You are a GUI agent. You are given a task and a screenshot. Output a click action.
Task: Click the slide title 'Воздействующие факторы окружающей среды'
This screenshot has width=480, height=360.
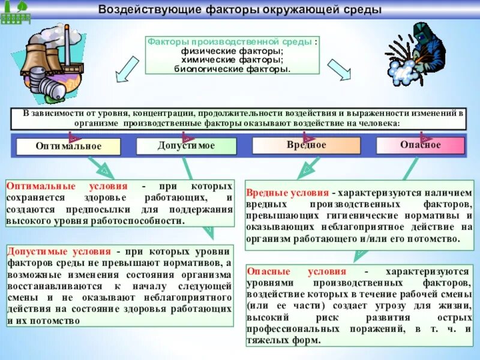(x=239, y=10)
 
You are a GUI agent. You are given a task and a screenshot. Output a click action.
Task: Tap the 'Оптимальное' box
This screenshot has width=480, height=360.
(x=68, y=146)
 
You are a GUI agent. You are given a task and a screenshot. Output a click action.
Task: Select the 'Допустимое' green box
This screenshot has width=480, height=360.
(x=186, y=146)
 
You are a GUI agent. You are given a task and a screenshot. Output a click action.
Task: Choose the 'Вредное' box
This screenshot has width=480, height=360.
(x=306, y=145)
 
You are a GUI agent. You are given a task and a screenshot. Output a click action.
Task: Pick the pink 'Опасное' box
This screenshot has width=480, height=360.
(x=420, y=145)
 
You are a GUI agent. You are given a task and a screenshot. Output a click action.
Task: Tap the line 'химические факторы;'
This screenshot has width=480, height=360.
(x=232, y=61)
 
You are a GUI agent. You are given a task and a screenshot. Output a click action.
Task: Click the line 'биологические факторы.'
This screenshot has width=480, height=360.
(x=232, y=68)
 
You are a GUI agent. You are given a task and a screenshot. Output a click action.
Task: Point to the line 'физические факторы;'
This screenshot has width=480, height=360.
(x=232, y=52)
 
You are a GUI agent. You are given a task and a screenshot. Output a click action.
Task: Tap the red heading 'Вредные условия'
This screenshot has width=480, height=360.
(x=287, y=193)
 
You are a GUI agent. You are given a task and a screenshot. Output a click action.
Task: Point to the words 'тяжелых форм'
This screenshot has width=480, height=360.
(x=290, y=340)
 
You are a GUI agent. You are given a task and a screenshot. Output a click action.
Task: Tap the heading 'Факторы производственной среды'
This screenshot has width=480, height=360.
(x=230, y=43)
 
